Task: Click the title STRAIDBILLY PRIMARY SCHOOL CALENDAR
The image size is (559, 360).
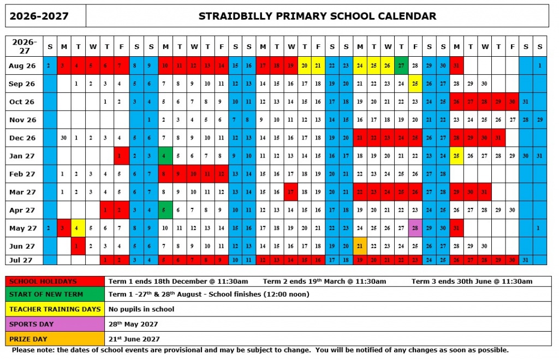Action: coord(317,16)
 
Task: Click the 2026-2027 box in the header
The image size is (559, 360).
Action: coord(39,16)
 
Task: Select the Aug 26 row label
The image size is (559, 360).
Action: coord(22,65)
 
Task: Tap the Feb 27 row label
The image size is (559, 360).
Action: coord(22,174)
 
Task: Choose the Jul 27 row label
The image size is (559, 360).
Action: coord(22,260)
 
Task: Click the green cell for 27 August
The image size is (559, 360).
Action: coord(402,65)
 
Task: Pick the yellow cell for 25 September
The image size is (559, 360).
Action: coord(415,83)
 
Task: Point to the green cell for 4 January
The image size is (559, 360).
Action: coord(165,156)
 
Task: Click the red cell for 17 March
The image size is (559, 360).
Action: coord(291,192)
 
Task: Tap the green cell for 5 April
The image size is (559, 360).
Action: coord(165,210)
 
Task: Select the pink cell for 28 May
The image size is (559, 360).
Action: coord(415,228)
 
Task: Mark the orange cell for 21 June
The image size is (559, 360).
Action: coord(360,246)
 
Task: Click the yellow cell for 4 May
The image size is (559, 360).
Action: coord(78,228)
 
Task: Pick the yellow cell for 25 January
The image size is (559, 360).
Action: coord(457,156)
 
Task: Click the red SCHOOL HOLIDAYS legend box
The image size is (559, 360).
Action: coord(55,281)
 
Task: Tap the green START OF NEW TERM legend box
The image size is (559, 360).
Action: coord(55,295)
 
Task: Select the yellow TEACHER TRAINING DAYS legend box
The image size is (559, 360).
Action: coord(55,309)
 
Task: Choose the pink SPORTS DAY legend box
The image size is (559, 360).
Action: coord(55,324)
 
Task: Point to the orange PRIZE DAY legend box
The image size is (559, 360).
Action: coord(55,339)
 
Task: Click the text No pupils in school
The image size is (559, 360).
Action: coord(141,309)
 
